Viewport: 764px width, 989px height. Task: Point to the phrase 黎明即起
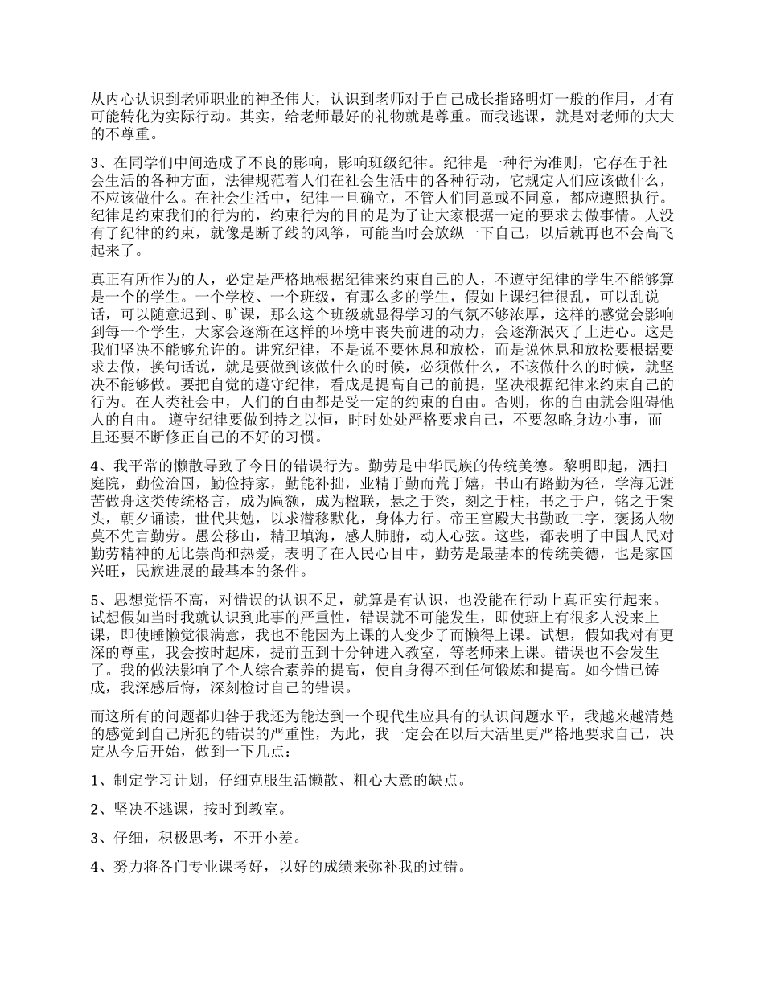click(596, 466)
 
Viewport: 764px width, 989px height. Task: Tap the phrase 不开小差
click(266, 838)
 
